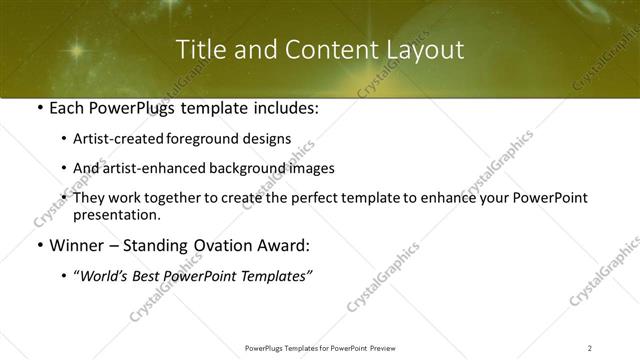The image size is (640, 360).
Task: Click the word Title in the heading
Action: click(201, 50)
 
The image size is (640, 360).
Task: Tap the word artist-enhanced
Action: click(146, 169)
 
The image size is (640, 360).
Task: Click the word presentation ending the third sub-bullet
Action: click(116, 215)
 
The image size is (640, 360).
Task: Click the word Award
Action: click(285, 246)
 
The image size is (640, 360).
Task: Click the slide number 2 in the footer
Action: click(589, 348)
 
